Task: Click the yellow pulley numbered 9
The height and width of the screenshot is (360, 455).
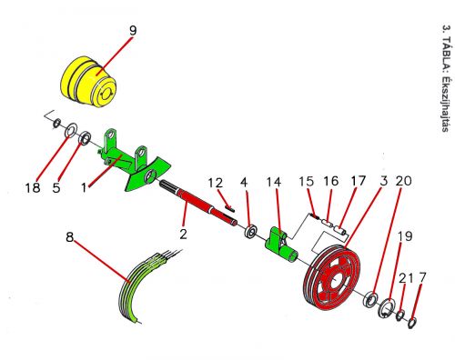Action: point(88,81)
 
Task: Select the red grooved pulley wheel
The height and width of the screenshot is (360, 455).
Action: point(330,275)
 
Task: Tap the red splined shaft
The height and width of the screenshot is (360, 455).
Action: point(198,203)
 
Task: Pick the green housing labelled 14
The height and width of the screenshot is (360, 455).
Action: point(280,245)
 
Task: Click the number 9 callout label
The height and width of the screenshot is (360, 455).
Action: point(133,31)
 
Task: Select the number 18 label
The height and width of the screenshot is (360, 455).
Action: point(33,188)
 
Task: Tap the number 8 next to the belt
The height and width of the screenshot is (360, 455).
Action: point(70,237)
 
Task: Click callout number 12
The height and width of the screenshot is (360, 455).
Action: point(216,183)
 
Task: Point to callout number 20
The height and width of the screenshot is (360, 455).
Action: point(404,181)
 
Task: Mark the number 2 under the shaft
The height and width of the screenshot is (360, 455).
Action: point(183,234)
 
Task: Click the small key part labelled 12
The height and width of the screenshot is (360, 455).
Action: point(230,208)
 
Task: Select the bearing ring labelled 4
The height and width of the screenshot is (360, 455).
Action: point(251,232)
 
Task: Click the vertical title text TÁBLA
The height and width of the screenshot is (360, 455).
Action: point(445,55)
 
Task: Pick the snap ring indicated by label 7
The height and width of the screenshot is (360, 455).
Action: point(412,323)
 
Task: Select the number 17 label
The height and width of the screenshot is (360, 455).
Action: point(359,181)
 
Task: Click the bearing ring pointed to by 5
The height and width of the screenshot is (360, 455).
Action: point(85,138)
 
